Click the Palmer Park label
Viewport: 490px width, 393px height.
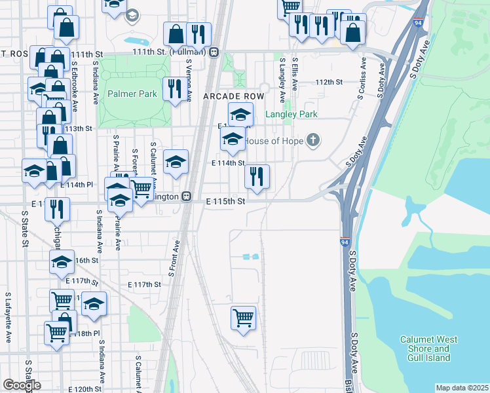(x=133, y=94)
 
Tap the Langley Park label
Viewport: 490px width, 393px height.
(x=291, y=115)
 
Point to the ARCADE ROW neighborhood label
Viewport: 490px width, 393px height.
(x=233, y=96)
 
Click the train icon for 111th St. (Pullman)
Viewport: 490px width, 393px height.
(x=214, y=52)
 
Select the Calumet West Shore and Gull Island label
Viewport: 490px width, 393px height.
(x=425, y=348)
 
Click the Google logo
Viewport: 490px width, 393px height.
(x=22, y=384)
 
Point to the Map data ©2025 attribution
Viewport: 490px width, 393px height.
(x=462, y=388)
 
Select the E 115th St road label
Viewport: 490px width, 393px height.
(x=225, y=202)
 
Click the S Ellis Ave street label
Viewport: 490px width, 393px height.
(x=295, y=73)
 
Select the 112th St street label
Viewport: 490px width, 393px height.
(x=330, y=83)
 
